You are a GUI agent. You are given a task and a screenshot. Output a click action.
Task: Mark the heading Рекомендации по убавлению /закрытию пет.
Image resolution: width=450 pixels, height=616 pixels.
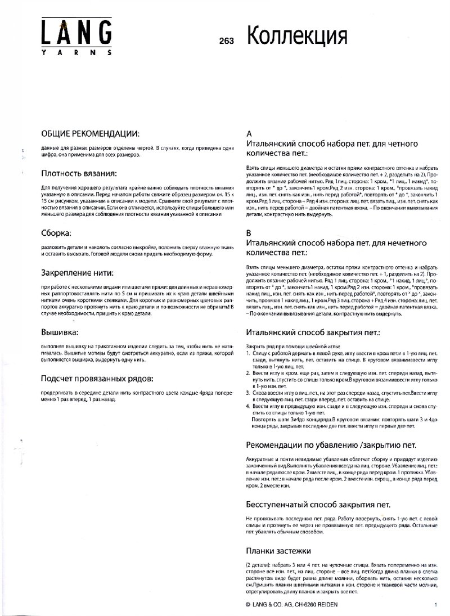pos(331,445)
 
